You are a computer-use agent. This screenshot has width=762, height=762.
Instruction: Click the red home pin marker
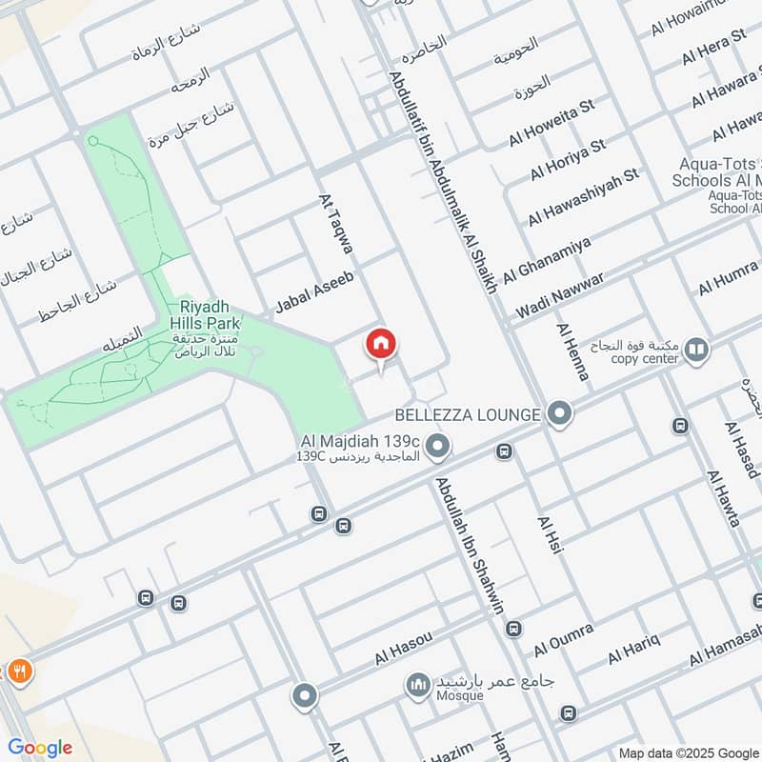pos(381,344)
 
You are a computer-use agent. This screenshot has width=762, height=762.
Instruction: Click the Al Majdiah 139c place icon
pos(437,445)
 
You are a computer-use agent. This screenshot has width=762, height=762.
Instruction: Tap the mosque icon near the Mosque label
pos(417,684)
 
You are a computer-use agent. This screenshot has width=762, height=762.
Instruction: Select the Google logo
pos(40,748)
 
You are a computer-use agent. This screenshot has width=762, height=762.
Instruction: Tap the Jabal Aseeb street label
pos(314,292)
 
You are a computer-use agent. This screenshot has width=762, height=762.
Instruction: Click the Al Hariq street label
pos(634,646)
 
